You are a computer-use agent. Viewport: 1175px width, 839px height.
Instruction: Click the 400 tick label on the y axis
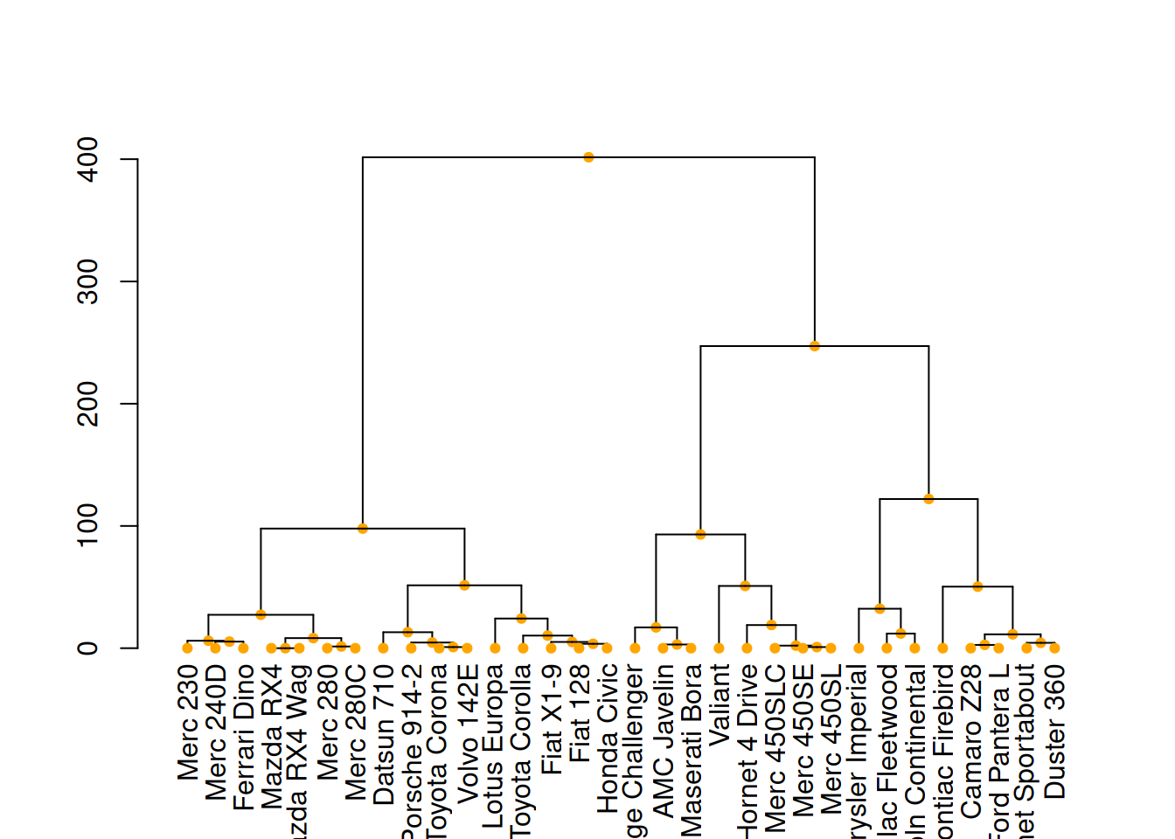(87, 159)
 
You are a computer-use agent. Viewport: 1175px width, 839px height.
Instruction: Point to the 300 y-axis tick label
(87, 281)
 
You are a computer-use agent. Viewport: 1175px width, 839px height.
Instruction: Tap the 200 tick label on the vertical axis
(87, 404)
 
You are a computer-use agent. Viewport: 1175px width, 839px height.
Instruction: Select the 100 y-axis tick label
(87, 526)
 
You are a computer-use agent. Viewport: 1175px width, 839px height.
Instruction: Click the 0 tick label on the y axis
(87, 648)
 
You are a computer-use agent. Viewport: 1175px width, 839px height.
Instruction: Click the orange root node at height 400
(588, 157)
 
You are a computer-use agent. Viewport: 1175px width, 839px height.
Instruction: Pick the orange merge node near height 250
(815, 346)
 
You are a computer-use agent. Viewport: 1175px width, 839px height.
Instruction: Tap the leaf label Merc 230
(188, 722)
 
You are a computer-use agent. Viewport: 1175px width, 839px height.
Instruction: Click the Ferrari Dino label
(244, 738)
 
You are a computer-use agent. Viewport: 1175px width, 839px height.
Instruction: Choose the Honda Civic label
(608, 738)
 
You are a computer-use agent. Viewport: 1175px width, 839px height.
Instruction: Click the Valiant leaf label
(720, 704)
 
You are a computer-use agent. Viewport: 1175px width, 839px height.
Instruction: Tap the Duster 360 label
(1055, 732)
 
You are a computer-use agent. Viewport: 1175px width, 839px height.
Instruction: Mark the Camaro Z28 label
(971, 741)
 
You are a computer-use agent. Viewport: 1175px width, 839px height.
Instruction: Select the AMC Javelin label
(664, 740)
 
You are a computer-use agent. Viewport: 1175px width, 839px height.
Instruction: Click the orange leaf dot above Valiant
(719, 648)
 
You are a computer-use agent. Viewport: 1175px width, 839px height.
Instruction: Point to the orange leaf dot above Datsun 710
(383, 648)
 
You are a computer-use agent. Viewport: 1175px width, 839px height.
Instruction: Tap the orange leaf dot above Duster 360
(1054, 648)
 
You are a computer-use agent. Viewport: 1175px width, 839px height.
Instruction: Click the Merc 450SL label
(831, 738)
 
